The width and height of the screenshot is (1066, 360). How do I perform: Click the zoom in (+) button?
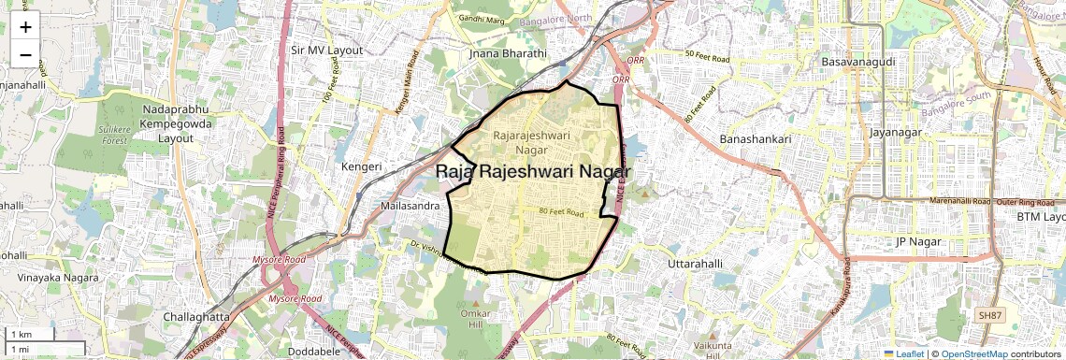point(25,26)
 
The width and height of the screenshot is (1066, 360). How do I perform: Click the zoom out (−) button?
point(25,54)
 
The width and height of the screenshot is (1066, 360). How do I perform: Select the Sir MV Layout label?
point(326,50)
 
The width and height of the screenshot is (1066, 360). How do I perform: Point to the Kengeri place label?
point(361,166)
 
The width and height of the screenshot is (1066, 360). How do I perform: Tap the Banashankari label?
point(756,138)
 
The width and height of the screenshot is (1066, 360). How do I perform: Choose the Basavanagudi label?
point(857,61)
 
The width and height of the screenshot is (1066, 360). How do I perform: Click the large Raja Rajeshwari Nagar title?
point(533,172)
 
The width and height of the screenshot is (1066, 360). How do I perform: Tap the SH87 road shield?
point(988,316)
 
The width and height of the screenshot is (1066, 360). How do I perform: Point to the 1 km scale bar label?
point(21,335)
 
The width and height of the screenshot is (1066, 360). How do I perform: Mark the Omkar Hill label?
point(476,321)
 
